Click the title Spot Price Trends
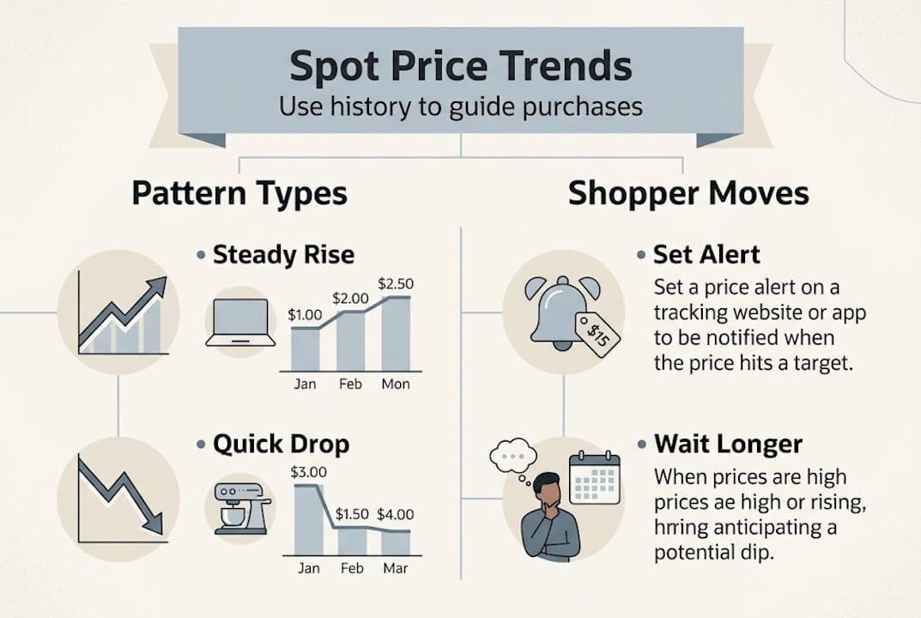tap(461, 67)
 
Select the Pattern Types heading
tap(239, 193)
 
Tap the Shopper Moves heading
tap(688, 193)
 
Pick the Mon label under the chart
tap(396, 384)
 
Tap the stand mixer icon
tap(240, 508)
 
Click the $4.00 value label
tap(395, 515)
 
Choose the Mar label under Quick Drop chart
tap(396, 568)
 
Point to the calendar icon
tap(595, 478)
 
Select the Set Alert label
tap(706, 255)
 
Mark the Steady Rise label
tap(283, 255)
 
